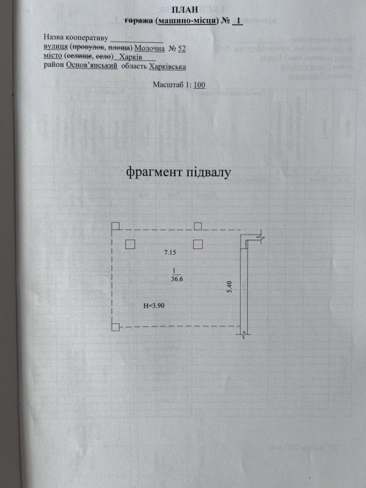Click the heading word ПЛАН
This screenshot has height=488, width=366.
[x=184, y=9]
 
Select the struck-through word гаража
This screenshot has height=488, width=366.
[x=139, y=21]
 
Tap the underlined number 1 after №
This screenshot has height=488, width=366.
[x=238, y=21]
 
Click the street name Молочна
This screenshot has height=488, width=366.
[x=149, y=49]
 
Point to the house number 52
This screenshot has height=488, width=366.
[x=182, y=49]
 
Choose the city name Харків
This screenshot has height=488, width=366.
[x=131, y=58]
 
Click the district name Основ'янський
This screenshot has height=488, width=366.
[x=92, y=66]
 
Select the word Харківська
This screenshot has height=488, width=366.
[x=168, y=66]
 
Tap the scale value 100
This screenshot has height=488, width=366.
[x=199, y=84]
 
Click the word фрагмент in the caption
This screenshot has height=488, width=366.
[x=154, y=173]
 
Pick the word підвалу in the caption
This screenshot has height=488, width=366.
[x=209, y=173]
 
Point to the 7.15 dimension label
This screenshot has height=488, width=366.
[x=170, y=253]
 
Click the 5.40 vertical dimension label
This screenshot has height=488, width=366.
[x=230, y=286]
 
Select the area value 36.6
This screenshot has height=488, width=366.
[x=177, y=279]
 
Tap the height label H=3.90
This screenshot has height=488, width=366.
[x=154, y=306]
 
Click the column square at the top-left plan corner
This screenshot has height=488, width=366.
[x=116, y=227]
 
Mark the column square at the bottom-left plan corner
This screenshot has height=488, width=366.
[x=116, y=327]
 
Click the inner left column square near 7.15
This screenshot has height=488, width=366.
[x=131, y=244]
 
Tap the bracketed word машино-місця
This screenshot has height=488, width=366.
[x=187, y=21]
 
